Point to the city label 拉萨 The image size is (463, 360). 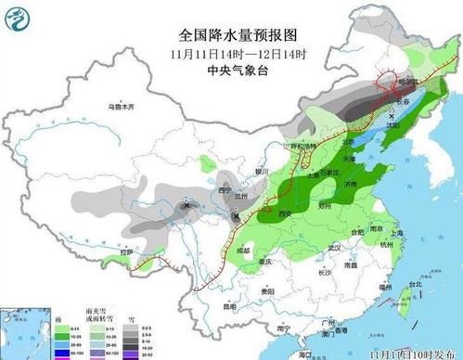tap(135, 251)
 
